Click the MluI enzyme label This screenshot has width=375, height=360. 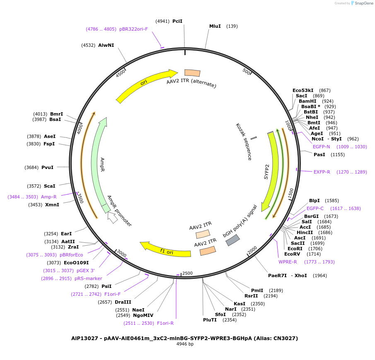pos(215,26)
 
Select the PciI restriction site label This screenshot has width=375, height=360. pos(177,21)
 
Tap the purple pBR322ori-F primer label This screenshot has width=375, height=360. pos(133,29)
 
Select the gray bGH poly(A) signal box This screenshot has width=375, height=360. pos(232,240)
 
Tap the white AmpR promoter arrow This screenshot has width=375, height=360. pos(112,217)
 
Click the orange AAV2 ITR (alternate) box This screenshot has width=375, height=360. pos(192,73)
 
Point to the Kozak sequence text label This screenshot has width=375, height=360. pos(244,141)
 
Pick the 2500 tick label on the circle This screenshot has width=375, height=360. pos(187,273)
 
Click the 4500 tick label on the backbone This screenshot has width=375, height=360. pos(121,73)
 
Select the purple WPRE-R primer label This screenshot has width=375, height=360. pos(288,262)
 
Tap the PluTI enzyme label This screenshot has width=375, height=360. pos(210,320)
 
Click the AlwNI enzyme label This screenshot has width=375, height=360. pos(106,45)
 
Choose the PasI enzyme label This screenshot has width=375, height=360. pos(319,155)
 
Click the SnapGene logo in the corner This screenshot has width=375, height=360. pos(362,3)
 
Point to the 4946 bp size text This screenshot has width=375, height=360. pos(185,344)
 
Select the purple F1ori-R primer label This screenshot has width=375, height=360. pos(165,323)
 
